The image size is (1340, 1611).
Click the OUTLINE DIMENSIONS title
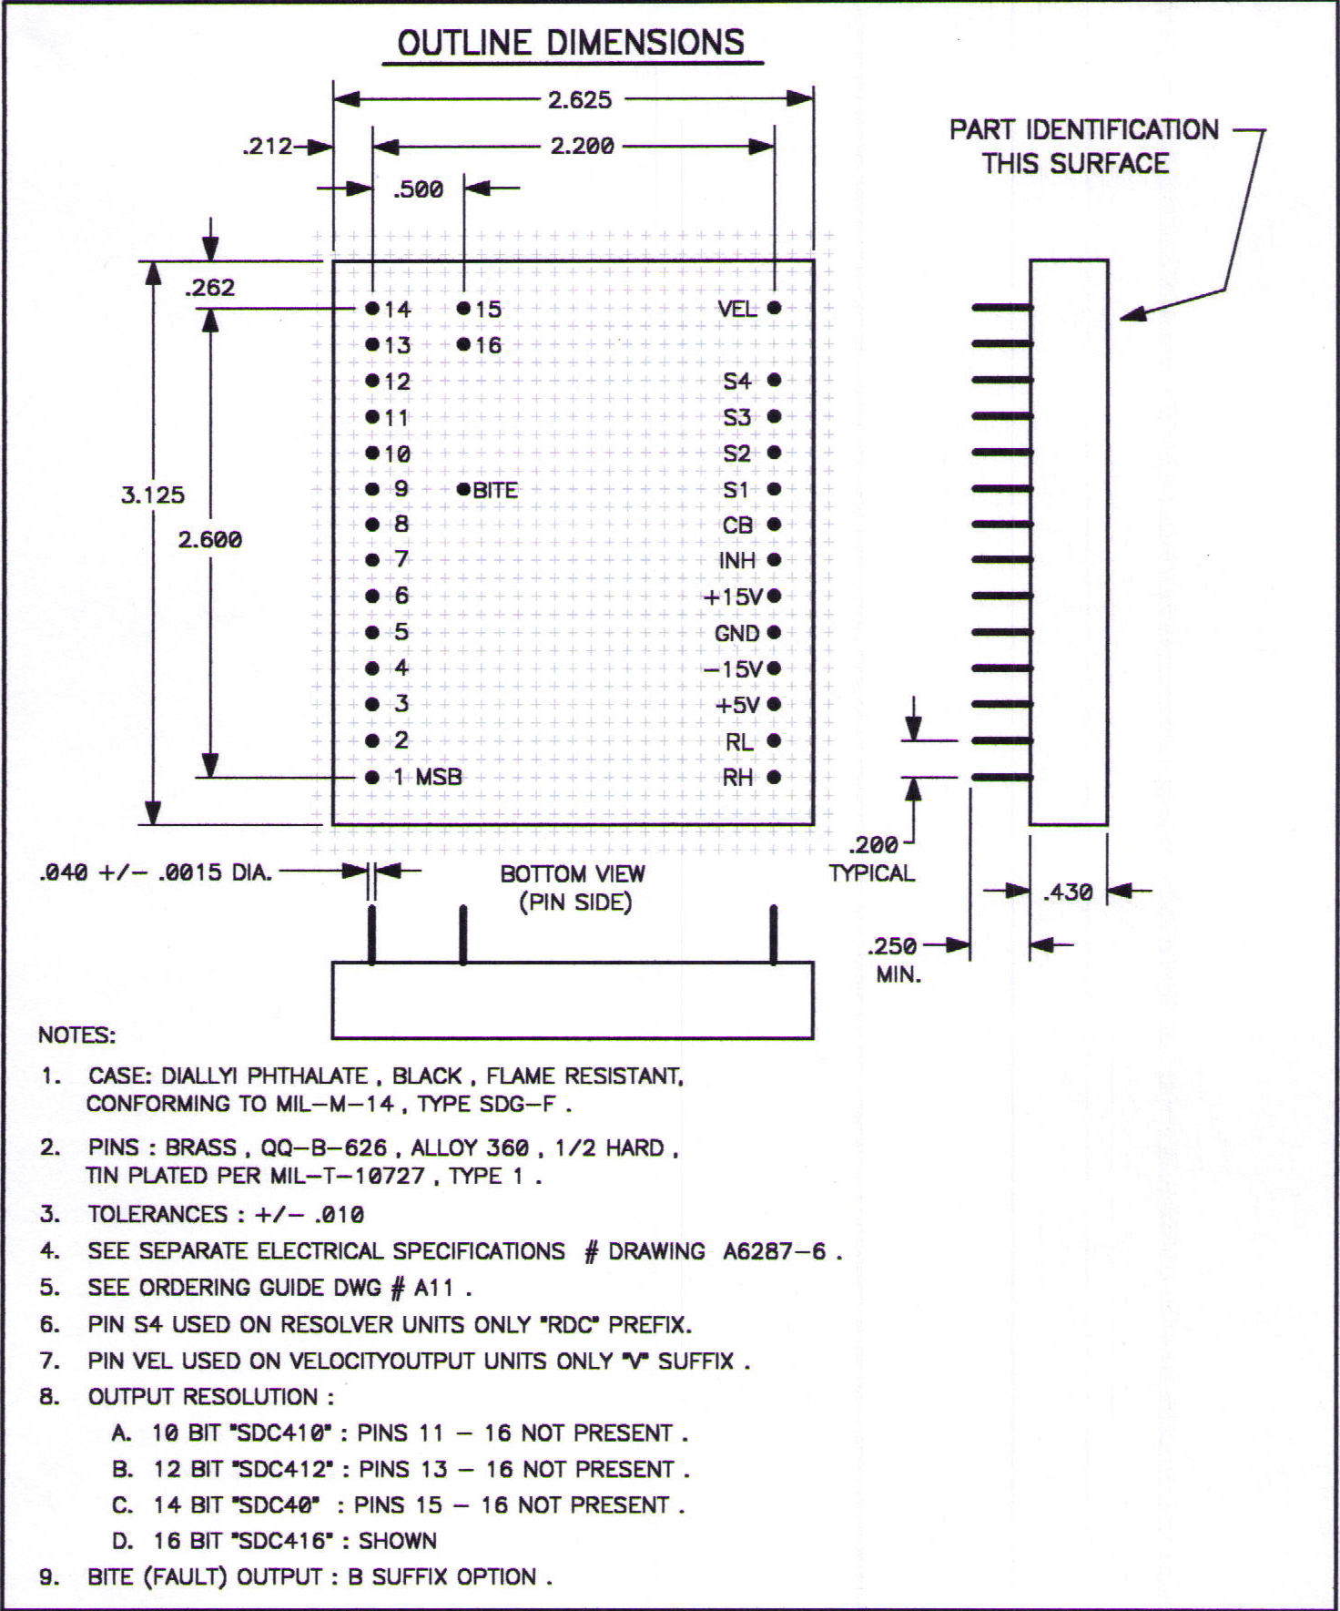click(x=571, y=43)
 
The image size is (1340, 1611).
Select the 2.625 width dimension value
click(x=580, y=99)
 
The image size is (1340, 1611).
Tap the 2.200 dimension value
click(x=582, y=146)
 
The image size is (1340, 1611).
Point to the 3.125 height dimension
click(x=153, y=495)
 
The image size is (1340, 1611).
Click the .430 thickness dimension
click(x=1068, y=892)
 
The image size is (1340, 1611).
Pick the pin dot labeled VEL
click(x=774, y=308)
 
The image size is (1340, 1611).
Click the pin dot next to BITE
click(x=463, y=489)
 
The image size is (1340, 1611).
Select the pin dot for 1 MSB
click(x=371, y=777)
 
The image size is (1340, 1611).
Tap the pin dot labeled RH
click(x=774, y=777)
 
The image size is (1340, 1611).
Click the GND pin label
click(x=736, y=633)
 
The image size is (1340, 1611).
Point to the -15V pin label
click(x=733, y=669)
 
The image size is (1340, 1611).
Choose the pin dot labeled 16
click(x=463, y=344)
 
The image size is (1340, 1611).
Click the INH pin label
click(x=737, y=560)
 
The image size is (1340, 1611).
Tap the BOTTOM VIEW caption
click(x=573, y=873)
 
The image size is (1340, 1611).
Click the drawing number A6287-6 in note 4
click(x=775, y=1251)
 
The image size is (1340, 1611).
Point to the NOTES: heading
click(x=77, y=1035)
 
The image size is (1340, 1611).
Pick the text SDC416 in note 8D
click(x=283, y=1541)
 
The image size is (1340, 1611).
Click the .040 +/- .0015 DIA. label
click(x=156, y=872)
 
